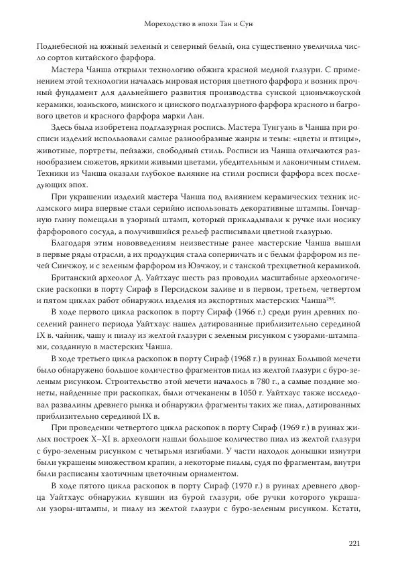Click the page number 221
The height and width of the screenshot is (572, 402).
click(355, 543)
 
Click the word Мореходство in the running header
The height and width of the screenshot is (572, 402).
click(167, 24)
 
